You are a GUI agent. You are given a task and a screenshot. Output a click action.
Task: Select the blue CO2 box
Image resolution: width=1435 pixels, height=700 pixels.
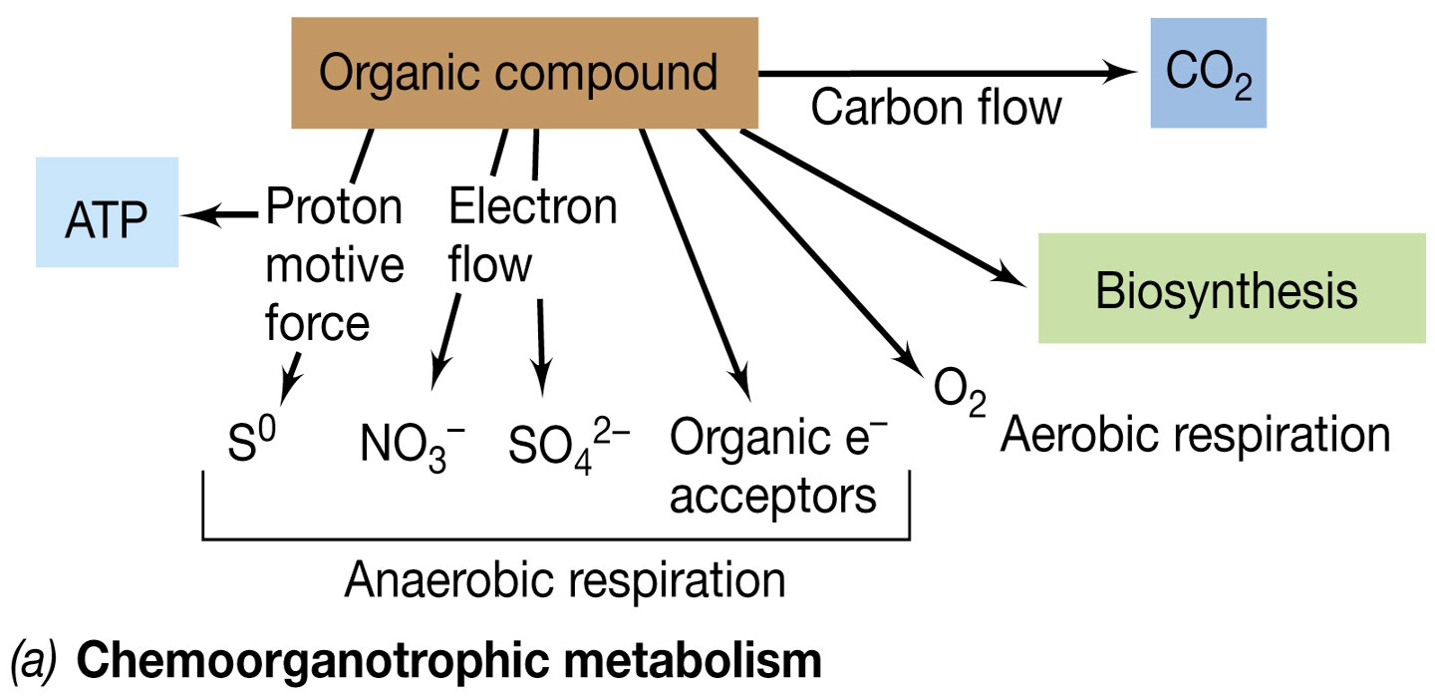1208,72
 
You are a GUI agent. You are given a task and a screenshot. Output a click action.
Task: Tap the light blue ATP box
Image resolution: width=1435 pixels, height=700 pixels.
107,212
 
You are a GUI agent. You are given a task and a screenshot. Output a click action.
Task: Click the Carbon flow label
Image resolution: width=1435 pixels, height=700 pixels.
936,107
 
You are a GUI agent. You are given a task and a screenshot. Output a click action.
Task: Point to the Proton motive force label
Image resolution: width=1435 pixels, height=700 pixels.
334,265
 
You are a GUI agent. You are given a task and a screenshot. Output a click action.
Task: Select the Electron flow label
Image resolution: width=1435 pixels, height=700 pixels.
532,235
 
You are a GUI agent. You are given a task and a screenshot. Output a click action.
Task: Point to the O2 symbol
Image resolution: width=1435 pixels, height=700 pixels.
960,396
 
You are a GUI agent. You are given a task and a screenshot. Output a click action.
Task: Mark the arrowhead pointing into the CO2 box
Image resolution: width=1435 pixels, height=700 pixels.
1124,72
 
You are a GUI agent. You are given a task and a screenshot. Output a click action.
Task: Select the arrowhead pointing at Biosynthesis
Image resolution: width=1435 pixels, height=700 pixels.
1011,278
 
